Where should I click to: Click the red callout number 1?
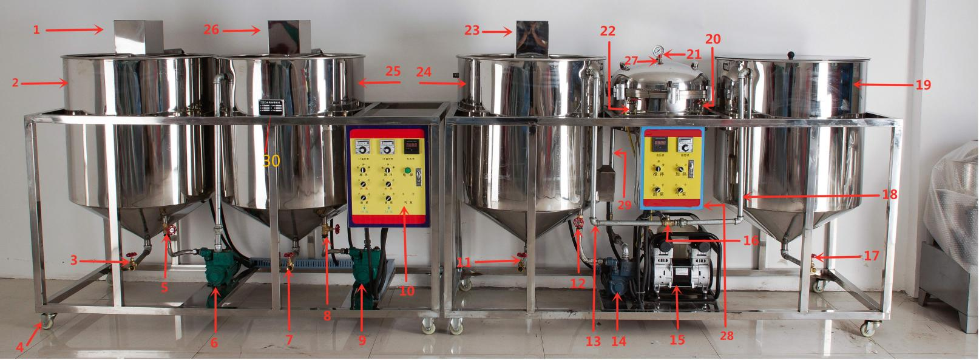[x=36, y=30]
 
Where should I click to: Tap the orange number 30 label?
[x=271, y=161]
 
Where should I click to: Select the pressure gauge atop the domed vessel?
[x=657, y=52]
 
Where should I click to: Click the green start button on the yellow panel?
[x=408, y=171]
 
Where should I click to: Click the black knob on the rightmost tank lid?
[x=791, y=55]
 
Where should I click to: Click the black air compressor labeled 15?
[x=680, y=267]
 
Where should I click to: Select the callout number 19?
[x=923, y=85]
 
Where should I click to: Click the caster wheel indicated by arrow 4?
[x=47, y=318]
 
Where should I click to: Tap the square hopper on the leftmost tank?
[x=138, y=37]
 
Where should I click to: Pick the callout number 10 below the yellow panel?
[x=407, y=291]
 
